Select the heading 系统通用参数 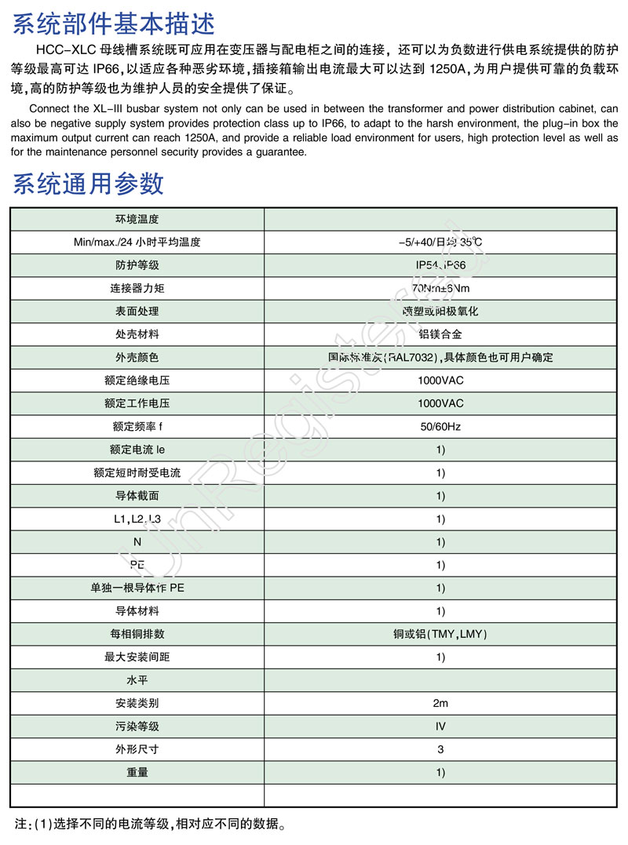[89, 183]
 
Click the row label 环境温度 [137, 219]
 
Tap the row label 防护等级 [137, 265]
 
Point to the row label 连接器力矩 [137, 288]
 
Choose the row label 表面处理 [137, 311]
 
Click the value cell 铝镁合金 [440, 334]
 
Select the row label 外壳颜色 [137, 358]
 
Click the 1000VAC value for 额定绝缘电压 [440, 381]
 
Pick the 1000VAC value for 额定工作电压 [440, 403]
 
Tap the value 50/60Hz [440, 427]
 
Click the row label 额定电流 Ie [137, 450]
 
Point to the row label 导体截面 [137, 496]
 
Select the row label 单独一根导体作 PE [137, 588]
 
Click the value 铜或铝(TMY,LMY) [440, 634]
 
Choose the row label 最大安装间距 [137, 657]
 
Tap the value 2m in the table [440, 703]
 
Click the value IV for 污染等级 [440, 727]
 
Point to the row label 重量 [137, 772]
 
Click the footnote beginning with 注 [149, 825]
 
